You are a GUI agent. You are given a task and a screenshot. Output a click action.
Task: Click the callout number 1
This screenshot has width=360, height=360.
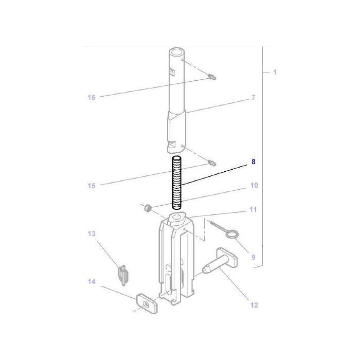(275, 73)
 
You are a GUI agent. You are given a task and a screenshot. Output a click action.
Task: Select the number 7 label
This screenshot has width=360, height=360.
(253, 97)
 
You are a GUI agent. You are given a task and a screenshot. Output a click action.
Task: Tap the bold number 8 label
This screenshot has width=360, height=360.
(253, 161)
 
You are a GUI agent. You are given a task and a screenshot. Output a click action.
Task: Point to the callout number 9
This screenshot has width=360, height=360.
(253, 257)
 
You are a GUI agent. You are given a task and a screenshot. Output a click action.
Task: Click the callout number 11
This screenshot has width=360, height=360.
(253, 210)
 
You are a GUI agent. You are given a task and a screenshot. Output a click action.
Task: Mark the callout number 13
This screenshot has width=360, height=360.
(92, 234)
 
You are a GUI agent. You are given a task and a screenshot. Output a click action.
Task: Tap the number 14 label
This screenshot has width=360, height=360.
(92, 281)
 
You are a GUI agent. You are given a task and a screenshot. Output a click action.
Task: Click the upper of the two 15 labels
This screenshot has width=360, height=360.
(92, 97)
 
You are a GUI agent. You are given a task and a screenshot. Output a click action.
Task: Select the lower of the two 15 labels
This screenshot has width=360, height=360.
(92, 186)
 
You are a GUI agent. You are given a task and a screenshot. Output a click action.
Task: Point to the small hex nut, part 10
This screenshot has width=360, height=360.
(146, 208)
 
